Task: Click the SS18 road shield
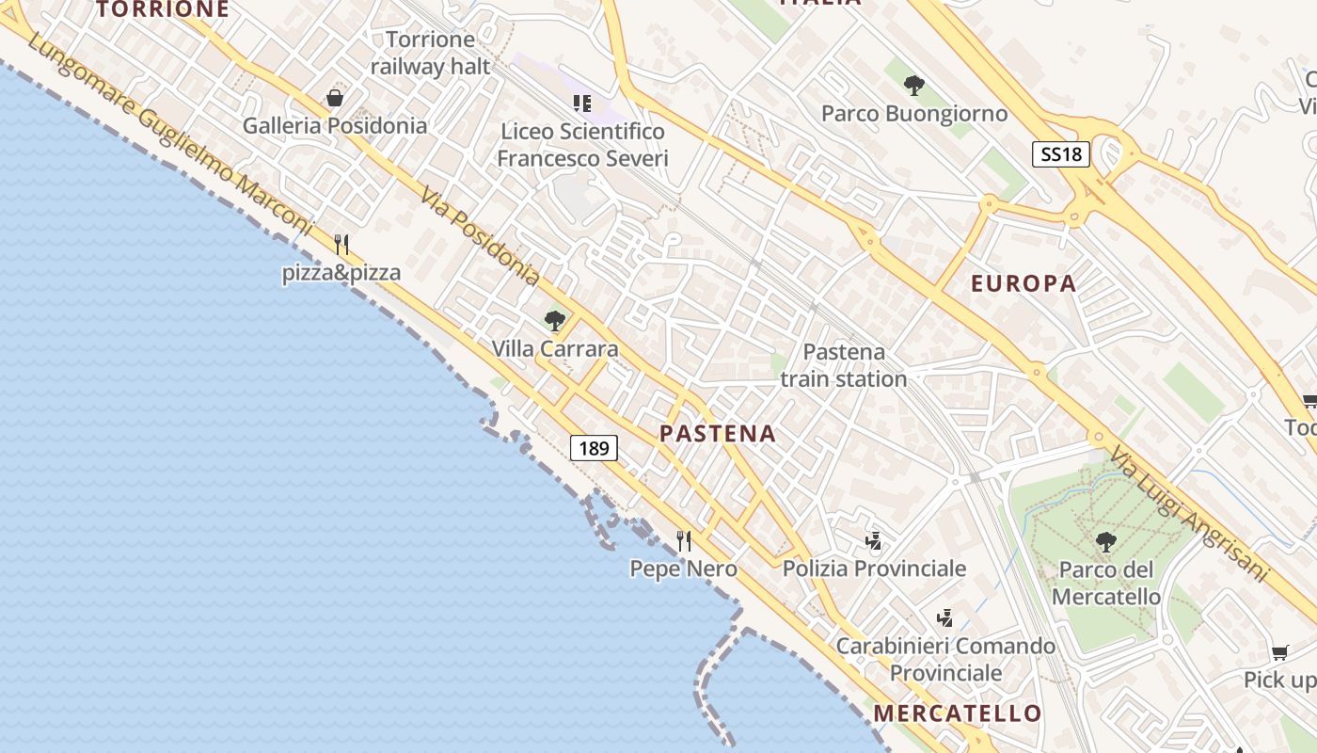pyautogui.click(x=1061, y=154)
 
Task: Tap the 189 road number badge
pyautogui.click(x=594, y=448)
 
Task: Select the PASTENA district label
pyautogui.click(x=718, y=434)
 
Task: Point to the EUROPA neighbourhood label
pyautogui.click(x=1023, y=283)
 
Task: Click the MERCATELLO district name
pyautogui.click(x=958, y=713)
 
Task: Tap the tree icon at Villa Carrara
pyautogui.click(x=555, y=321)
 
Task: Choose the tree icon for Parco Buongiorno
pyautogui.click(x=913, y=86)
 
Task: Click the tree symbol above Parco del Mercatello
pyautogui.click(x=1105, y=541)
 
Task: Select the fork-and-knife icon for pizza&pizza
pyautogui.click(x=341, y=245)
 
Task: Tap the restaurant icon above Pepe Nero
pyautogui.click(x=684, y=541)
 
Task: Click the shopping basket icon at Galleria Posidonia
pyautogui.click(x=335, y=98)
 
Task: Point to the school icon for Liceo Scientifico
pyautogui.click(x=582, y=103)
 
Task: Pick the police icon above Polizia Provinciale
pyautogui.click(x=874, y=541)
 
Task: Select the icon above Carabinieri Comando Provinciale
pyautogui.click(x=945, y=618)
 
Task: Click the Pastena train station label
pyautogui.click(x=844, y=365)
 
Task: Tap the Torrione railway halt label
pyautogui.click(x=431, y=53)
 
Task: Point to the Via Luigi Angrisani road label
pyautogui.click(x=1188, y=514)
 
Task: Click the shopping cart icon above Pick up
pyautogui.click(x=1279, y=652)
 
